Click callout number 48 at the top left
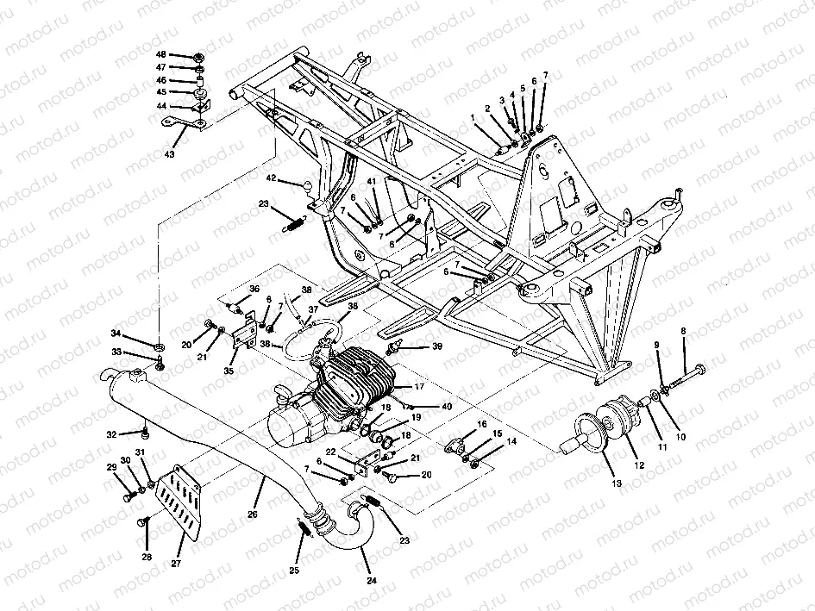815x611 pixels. pos(161,54)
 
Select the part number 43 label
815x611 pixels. pos(169,154)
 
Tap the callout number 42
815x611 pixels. pos(271,178)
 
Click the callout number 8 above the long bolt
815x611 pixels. pos(684,330)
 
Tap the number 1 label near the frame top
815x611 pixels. pos(472,116)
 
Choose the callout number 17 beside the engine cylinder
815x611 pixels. pos(420,387)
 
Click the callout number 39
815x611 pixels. pos(438,346)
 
